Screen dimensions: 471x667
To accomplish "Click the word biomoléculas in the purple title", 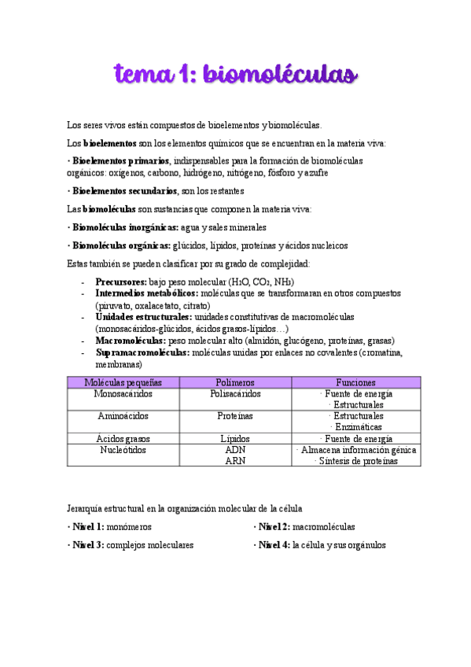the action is click(x=281, y=75).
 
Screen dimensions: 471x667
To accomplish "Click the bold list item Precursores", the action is click(x=120, y=282).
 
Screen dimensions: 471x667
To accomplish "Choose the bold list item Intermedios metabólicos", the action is click(x=142, y=293).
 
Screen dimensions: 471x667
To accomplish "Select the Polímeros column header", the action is click(x=235, y=381).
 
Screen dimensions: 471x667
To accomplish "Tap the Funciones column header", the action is click(x=355, y=381).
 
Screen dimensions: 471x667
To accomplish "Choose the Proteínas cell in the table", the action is click(x=235, y=415).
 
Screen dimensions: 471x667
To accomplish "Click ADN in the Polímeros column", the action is click(x=235, y=450).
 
